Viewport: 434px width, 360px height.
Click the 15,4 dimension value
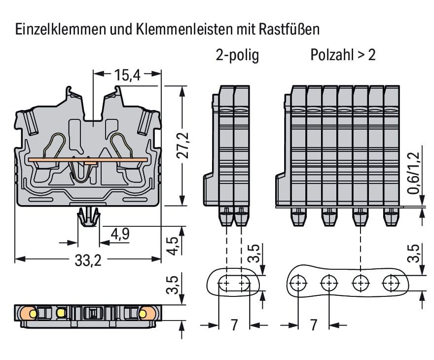[x=128, y=75]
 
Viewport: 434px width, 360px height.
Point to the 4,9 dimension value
[x=120, y=234]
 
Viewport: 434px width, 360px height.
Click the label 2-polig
[x=237, y=55]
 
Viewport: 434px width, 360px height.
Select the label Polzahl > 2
[x=343, y=55]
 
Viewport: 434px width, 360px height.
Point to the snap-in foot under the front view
[x=88, y=217]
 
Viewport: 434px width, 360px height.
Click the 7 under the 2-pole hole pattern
[x=234, y=325]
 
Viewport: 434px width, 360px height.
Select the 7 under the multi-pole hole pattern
[x=313, y=325]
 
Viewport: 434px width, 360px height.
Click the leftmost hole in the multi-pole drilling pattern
[x=298, y=284]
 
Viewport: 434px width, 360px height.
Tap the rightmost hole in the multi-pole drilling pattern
[x=392, y=284]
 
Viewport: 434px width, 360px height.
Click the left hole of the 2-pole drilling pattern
[x=225, y=284]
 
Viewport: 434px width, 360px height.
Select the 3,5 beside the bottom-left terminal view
[x=172, y=285]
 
